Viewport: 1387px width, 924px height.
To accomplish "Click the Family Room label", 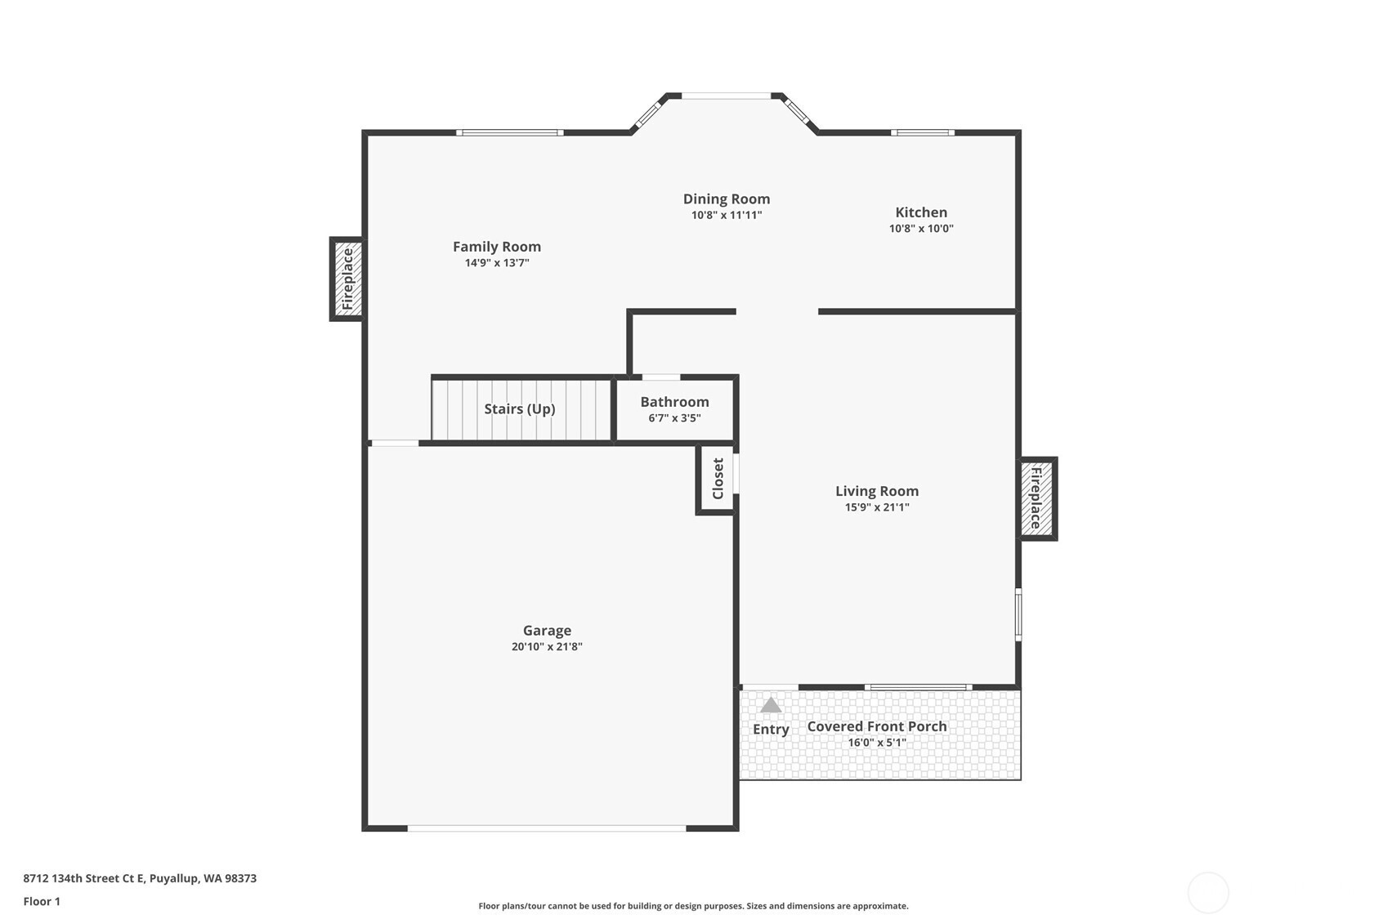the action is coord(497,246).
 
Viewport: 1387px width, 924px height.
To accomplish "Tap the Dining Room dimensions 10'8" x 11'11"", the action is coord(727,216).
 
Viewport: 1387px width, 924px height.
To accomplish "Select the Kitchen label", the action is coord(921,212).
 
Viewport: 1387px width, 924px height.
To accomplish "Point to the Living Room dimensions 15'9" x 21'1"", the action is coord(877,507).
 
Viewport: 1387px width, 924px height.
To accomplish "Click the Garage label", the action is coord(547,631).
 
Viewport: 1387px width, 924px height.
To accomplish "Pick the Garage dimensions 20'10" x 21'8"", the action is coord(547,647).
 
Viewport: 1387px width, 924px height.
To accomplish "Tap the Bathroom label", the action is coord(674,402).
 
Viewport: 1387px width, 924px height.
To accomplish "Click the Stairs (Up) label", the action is coord(520,409).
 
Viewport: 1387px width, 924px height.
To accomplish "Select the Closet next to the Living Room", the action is coord(717,479).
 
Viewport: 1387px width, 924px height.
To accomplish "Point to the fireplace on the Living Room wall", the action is coord(1037,499).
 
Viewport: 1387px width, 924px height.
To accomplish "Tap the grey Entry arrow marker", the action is coord(770,705).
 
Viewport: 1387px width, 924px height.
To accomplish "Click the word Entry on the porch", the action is coord(770,730).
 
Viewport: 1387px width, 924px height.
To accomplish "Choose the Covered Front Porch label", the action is coord(877,726).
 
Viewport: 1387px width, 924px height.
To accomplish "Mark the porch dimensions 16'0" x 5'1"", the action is coord(877,743).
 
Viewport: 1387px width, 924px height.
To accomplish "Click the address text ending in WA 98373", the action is coord(140,878).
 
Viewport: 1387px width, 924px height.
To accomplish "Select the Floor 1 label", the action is coord(43,902).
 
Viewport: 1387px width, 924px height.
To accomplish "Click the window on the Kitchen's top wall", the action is coord(923,132).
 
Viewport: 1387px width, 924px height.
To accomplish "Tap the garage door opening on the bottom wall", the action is coord(547,828).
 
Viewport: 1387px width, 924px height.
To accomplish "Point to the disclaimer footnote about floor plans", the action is coord(693,906).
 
